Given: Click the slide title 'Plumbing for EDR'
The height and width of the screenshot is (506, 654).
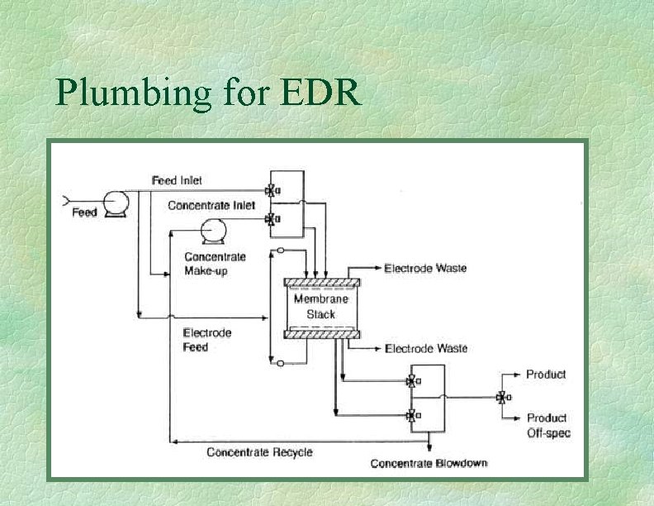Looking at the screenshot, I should coord(208,93).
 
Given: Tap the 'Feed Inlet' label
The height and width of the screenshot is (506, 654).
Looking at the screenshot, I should coord(177,180).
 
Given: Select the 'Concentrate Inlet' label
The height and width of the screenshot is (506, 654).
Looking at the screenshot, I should coord(211,205).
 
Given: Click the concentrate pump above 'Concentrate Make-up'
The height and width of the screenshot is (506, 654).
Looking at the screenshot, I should coord(214,231).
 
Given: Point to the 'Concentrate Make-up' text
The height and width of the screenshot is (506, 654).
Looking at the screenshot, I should coord(215,264).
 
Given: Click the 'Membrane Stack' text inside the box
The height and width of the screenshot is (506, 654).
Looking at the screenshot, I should coord(320,307).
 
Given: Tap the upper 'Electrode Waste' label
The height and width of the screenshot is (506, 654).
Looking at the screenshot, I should coord(425,268).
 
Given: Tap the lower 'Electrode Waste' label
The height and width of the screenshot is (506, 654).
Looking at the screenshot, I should coord(425,349).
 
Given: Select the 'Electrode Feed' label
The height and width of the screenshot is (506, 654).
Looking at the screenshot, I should coord(207,340).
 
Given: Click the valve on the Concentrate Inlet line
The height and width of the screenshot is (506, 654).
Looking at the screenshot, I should coord(270,219).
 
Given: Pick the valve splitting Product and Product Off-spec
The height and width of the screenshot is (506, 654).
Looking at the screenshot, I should coord(501,398).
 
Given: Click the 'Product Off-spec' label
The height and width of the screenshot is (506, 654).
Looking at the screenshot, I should coord(547,425).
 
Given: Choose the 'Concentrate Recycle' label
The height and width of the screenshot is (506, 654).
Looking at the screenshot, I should coord(259,452).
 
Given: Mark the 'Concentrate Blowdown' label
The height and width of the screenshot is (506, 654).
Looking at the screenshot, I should coord(429,463).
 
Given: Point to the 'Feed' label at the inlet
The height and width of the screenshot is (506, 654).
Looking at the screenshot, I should coord(84,212).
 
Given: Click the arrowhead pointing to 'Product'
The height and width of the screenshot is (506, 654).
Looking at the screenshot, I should coord(519,375).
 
